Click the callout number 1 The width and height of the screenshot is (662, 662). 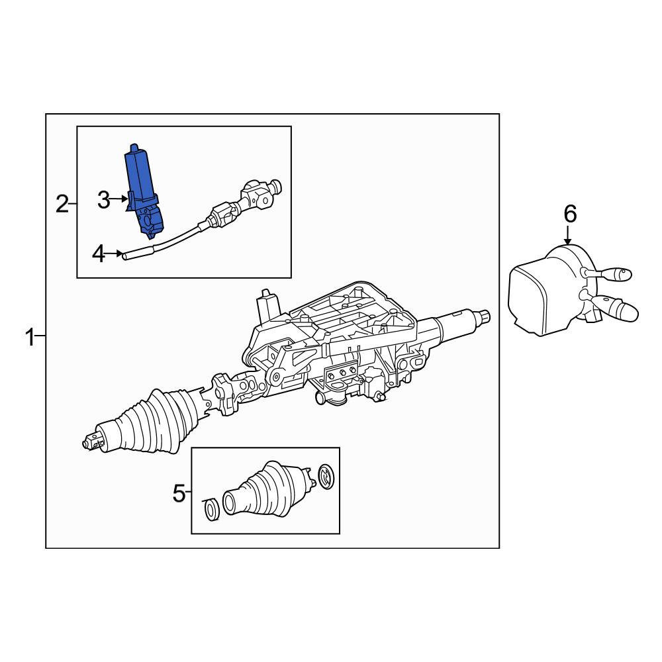[30, 338]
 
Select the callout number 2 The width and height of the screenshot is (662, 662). [62, 204]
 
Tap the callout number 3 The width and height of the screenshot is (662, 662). [103, 200]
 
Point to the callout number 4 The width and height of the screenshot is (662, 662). [99, 254]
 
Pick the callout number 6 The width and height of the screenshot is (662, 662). [570, 214]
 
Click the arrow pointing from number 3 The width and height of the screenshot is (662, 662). [118, 198]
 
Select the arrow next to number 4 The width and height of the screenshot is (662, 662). [114, 254]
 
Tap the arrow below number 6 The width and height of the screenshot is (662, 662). [569, 234]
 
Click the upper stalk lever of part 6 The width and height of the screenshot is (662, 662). [610, 274]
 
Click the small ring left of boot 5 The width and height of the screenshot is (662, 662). [212, 508]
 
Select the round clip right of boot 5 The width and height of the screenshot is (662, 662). [326, 476]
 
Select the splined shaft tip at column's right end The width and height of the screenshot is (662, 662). [485, 316]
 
